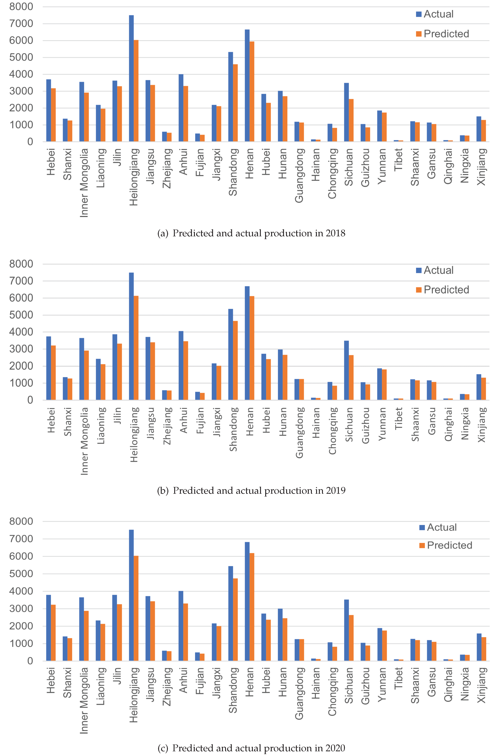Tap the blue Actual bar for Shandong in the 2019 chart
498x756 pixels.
point(231,354)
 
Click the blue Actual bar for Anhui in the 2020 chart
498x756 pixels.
point(181,626)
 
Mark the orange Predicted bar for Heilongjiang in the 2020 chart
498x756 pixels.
point(136,608)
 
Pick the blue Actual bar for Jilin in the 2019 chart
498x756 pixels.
point(115,367)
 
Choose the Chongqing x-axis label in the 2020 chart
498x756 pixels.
point(332,692)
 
